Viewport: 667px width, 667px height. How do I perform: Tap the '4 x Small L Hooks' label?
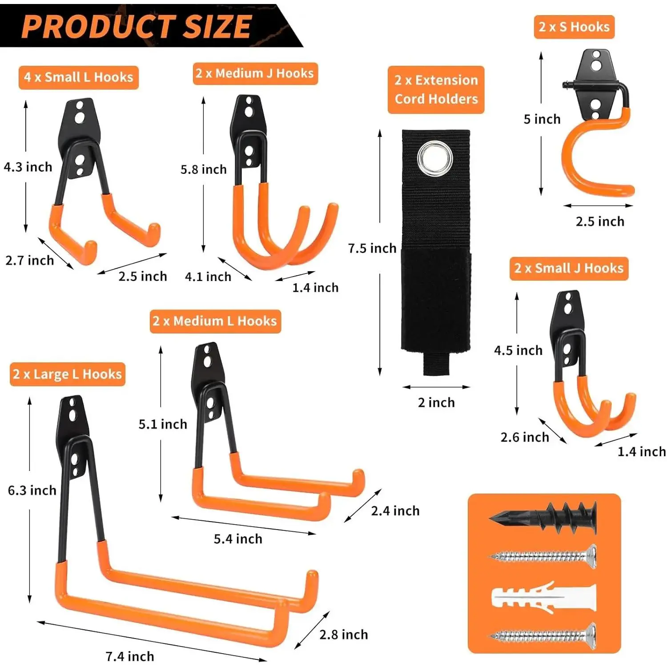pos(79,77)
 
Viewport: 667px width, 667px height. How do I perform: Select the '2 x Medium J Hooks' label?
pos(255,73)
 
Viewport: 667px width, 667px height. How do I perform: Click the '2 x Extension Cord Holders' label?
pos(436,89)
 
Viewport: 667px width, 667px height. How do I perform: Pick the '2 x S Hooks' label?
pos(574,27)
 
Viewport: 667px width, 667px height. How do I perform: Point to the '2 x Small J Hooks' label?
pos(569,268)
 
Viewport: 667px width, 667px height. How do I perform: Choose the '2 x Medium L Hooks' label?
pos(215,321)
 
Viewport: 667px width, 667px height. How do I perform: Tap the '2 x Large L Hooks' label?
pos(67,374)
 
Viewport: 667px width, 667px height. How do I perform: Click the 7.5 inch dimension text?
pos(372,248)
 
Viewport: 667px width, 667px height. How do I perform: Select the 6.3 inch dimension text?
pos(32,490)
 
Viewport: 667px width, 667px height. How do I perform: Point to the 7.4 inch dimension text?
pos(130,656)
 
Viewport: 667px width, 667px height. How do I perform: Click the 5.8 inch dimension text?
pos(204,169)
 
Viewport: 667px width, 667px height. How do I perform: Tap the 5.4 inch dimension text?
pos(238,539)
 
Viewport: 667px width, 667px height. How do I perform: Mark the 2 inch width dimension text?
pos(436,402)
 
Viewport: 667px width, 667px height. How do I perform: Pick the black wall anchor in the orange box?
pos(543,518)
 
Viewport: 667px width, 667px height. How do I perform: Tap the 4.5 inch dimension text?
pos(518,350)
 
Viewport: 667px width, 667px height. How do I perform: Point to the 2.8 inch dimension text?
pos(344,635)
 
